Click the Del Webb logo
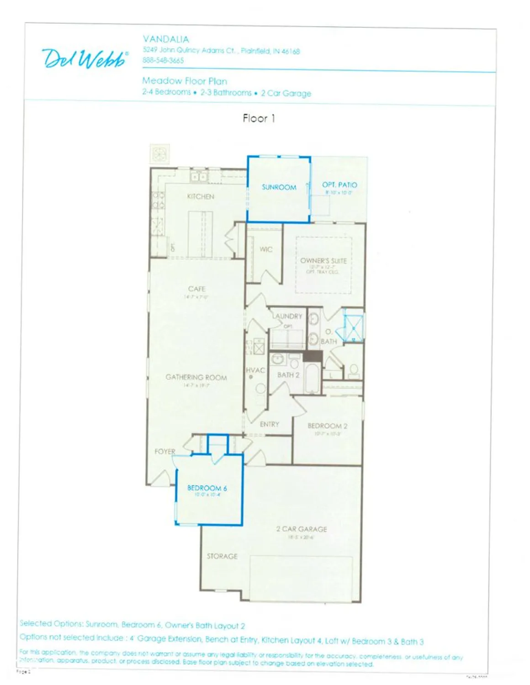pos(85,58)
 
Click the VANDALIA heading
pos(166,39)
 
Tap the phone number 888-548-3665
pos(163,60)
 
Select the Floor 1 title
pos(259,119)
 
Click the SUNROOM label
pos(279,187)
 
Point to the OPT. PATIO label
pos(339,185)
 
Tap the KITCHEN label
pos(201,196)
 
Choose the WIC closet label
pos(266,249)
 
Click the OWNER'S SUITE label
pos(323,261)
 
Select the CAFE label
pos(196,289)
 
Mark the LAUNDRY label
pos(288,316)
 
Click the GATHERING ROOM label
pos(196,377)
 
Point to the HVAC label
pos(255,370)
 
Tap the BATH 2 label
pos(288,375)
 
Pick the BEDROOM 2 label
pos(327,426)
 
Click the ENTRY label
pos(269,424)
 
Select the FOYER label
pos(165,451)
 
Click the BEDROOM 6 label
pos(207,488)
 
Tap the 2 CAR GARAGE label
pos(302,529)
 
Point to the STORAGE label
pos(222,556)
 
